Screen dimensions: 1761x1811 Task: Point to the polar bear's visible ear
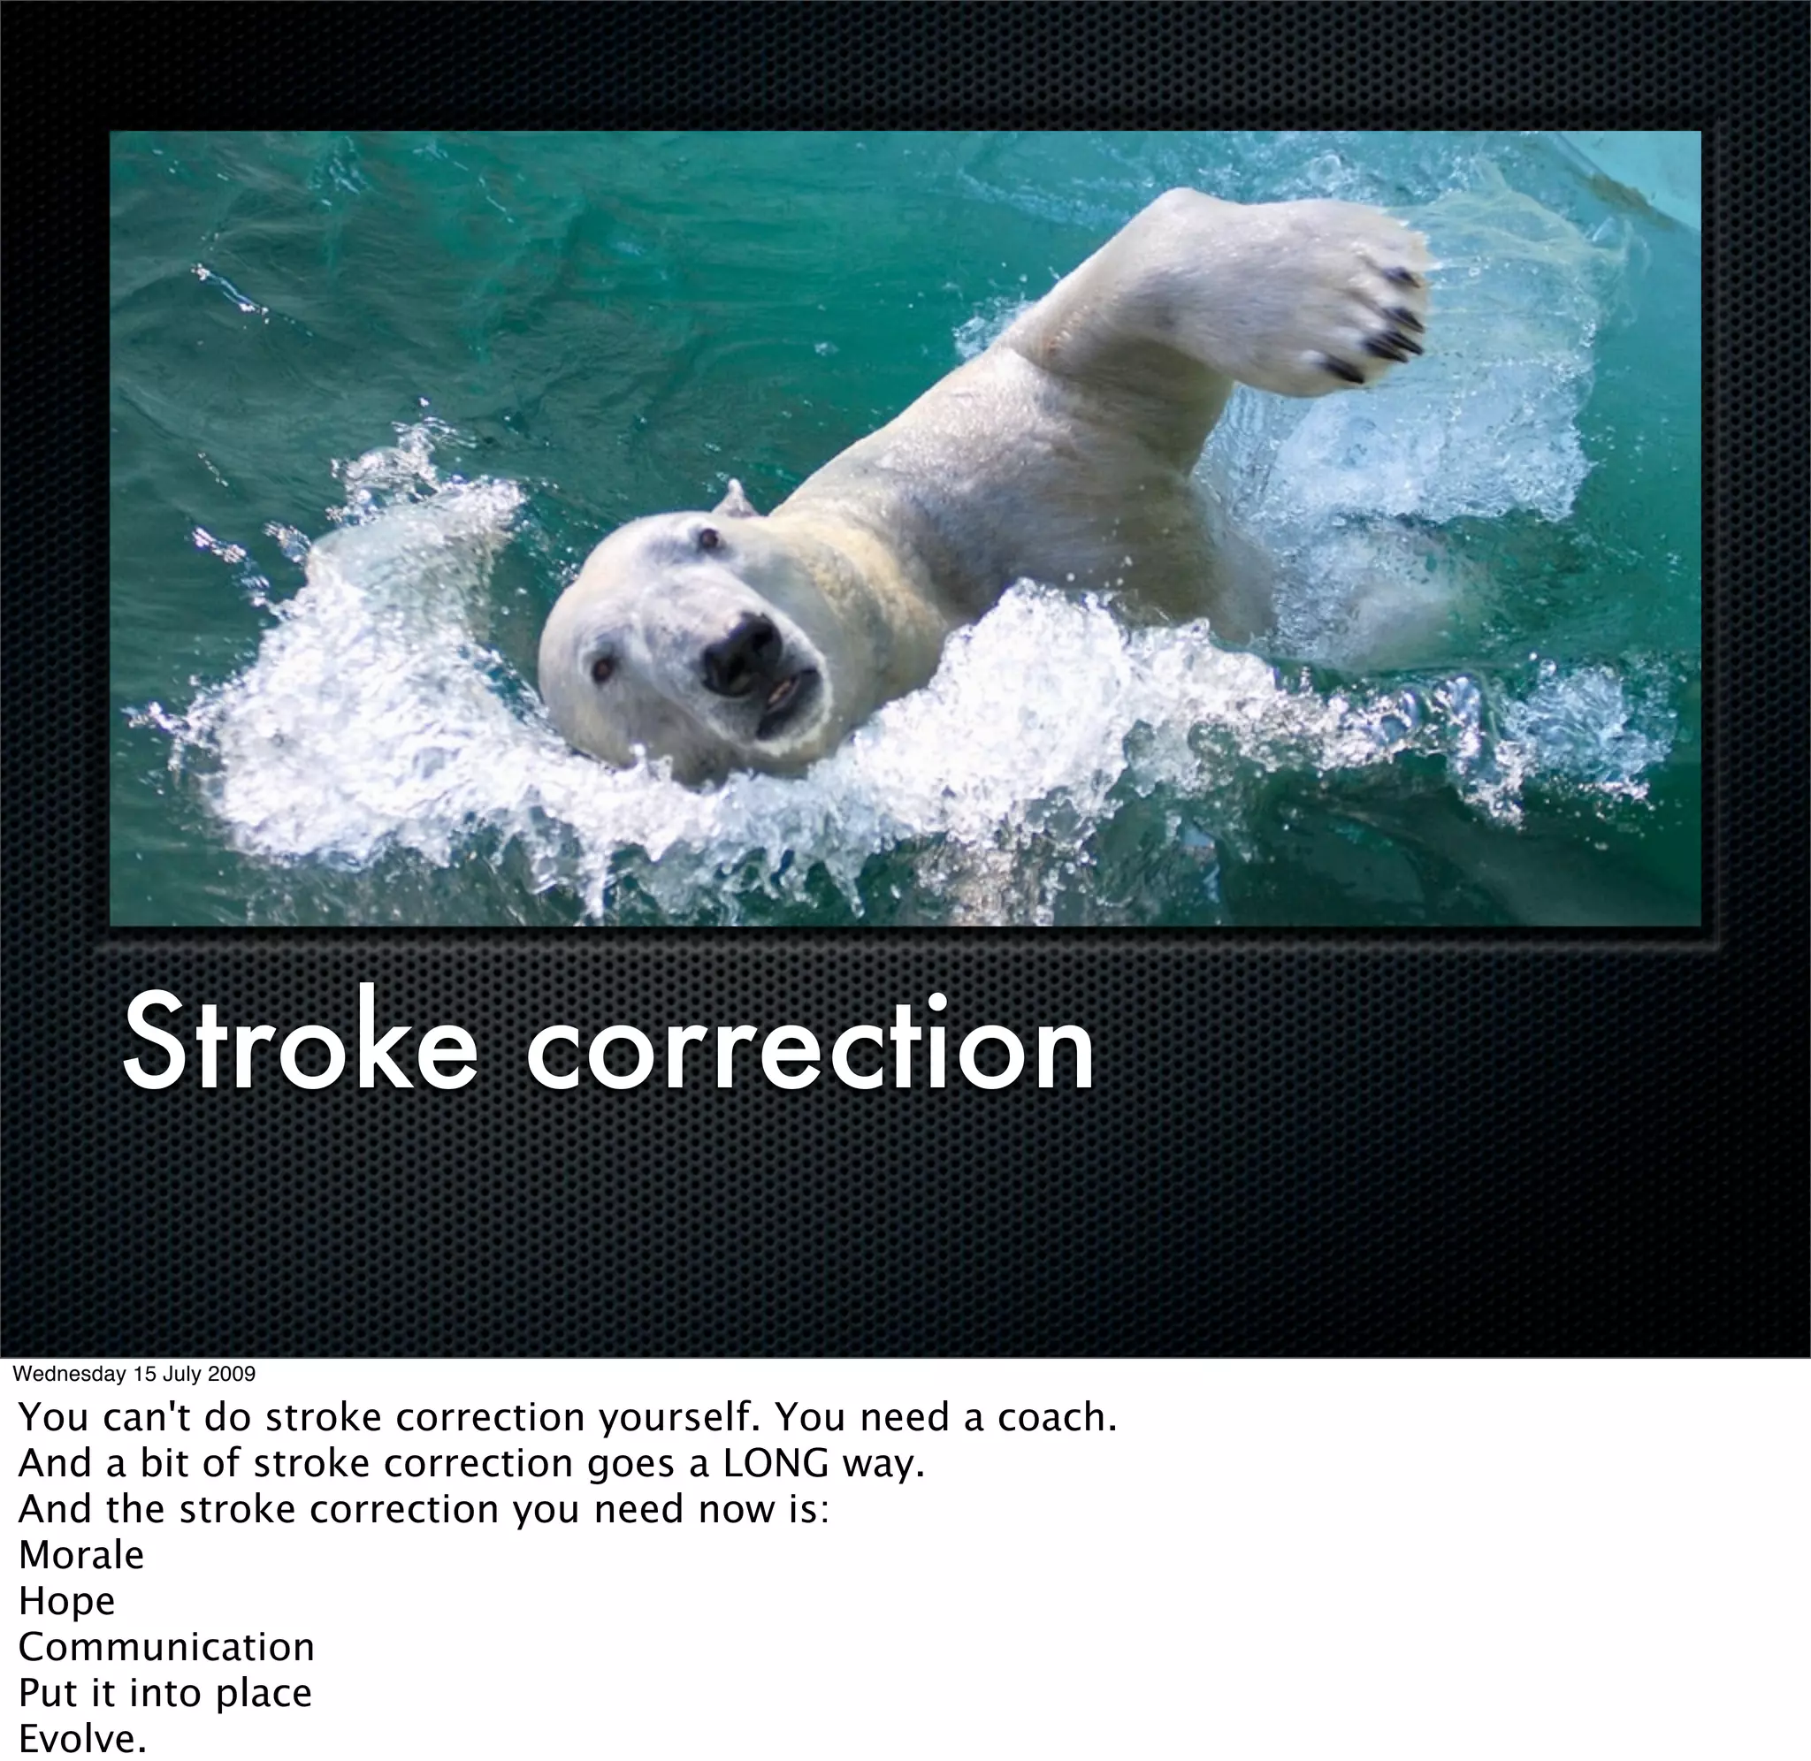click(737, 501)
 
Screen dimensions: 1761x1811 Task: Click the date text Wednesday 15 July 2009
click(134, 1374)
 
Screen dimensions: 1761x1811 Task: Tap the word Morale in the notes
click(81, 1555)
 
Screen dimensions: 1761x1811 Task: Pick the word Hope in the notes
click(66, 1601)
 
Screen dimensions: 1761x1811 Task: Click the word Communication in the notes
click(166, 1647)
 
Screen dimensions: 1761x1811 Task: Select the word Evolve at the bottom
click(81, 1739)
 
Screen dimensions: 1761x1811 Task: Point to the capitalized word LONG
click(776, 1463)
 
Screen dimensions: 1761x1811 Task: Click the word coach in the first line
click(1055, 1417)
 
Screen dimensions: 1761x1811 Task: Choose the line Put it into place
click(164, 1694)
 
